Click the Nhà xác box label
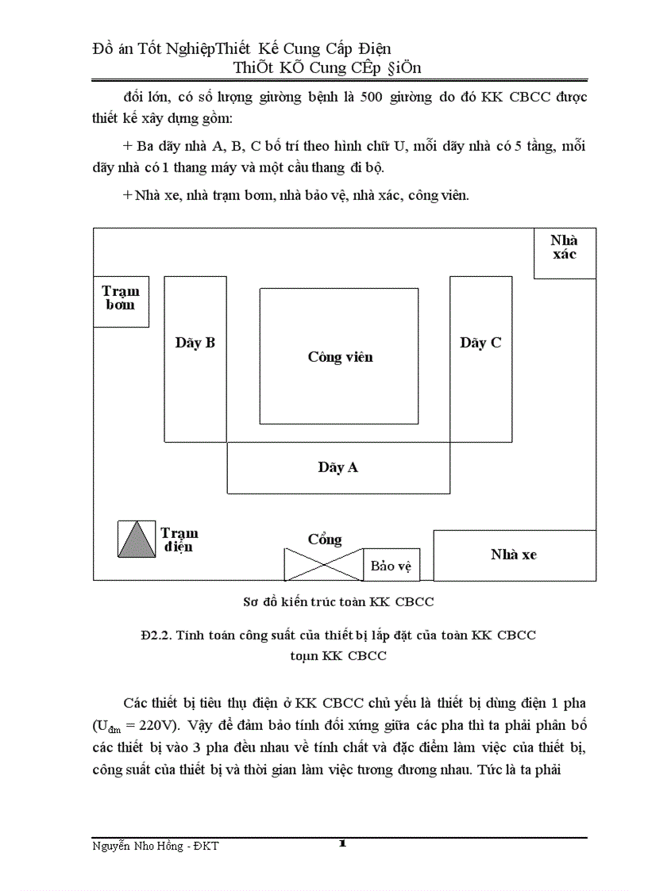(x=564, y=248)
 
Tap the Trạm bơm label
(x=121, y=298)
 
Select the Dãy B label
(x=195, y=343)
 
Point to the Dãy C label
(x=480, y=343)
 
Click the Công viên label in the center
(x=340, y=357)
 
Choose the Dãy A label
(x=338, y=467)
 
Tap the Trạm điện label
(x=179, y=540)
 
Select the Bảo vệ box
(x=391, y=566)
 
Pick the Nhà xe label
(x=513, y=555)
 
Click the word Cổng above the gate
(x=325, y=540)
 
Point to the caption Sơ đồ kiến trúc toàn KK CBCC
(x=338, y=602)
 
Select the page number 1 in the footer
(x=342, y=843)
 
